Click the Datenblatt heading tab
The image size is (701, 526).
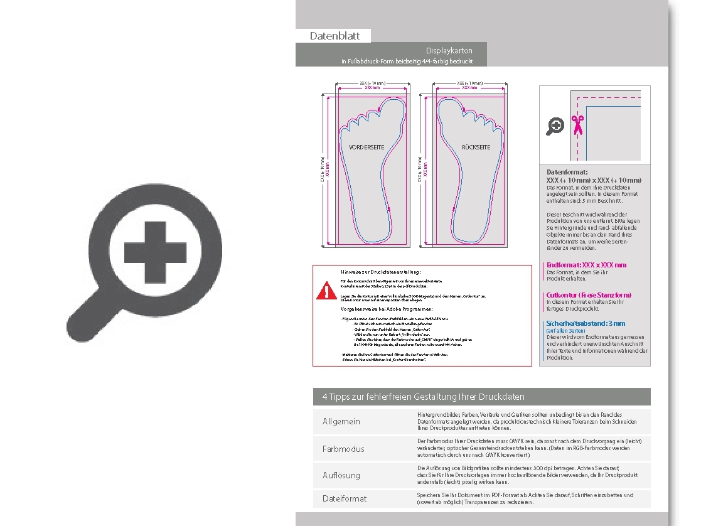[334, 36]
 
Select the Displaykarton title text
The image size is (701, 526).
[449, 50]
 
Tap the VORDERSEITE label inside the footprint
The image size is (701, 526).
[366, 148]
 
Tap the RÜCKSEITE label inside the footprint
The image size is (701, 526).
[476, 148]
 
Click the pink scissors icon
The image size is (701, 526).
[577, 125]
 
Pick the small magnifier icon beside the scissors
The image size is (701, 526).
[555, 126]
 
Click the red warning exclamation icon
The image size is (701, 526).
[326, 291]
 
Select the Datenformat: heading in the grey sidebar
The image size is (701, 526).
[567, 172]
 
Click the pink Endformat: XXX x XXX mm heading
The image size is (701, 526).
[586, 265]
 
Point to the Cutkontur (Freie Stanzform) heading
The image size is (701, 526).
[589, 295]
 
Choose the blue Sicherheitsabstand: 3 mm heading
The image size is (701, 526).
[586, 324]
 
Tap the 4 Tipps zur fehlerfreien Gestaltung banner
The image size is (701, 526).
[424, 397]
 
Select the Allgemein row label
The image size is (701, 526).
[341, 421]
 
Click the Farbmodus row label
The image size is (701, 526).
[343, 449]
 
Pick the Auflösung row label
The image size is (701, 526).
[341, 476]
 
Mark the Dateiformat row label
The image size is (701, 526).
[345, 498]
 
